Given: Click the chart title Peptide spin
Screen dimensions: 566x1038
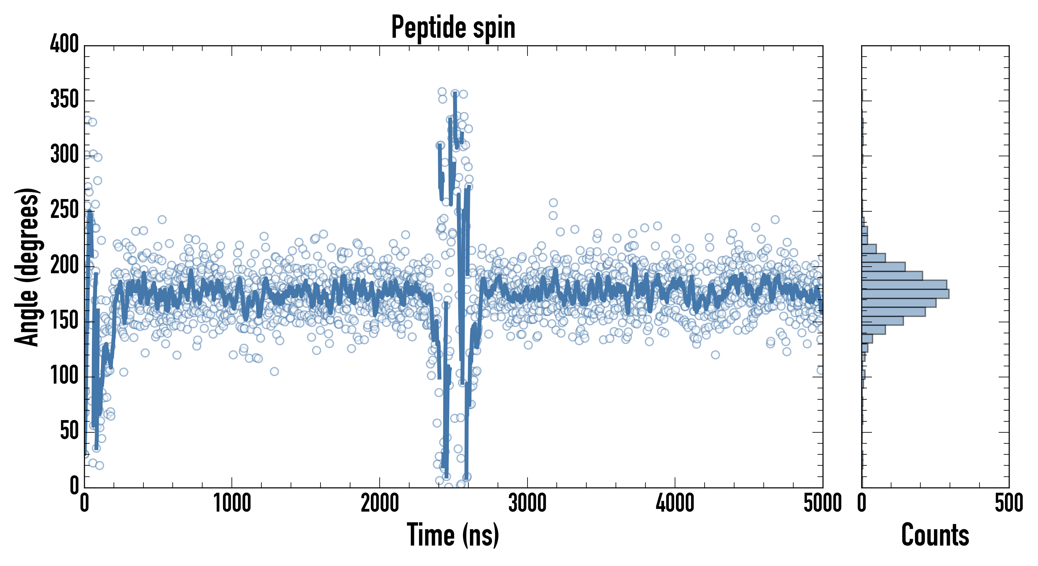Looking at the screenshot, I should click(453, 27).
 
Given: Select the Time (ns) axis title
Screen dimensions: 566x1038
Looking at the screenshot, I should click(453, 535).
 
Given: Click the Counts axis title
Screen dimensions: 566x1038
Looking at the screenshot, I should click(935, 535).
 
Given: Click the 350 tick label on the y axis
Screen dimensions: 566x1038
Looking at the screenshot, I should click(64, 99).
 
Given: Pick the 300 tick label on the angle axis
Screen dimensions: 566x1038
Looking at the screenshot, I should click(64, 154).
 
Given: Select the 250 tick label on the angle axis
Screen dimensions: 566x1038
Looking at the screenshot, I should click(64, 209).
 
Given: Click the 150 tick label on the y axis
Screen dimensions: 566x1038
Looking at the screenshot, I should click(64, 320).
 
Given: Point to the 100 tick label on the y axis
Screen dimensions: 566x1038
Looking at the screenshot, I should click(64, 375).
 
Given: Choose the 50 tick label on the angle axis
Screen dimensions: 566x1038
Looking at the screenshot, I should click(69, 431).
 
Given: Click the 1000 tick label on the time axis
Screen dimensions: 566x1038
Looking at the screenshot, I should click(232, 503).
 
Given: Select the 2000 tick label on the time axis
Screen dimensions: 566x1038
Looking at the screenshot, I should click(380, 503).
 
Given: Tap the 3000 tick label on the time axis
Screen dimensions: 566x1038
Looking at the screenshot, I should click(527, 503).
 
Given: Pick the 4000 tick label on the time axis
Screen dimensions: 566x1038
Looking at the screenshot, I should click(675, 503).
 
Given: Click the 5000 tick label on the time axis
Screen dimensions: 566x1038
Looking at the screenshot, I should click(823, 503).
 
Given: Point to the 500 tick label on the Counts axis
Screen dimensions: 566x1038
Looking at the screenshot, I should click(1008, 503).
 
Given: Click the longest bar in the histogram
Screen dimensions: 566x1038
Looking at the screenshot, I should click(905, 294).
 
